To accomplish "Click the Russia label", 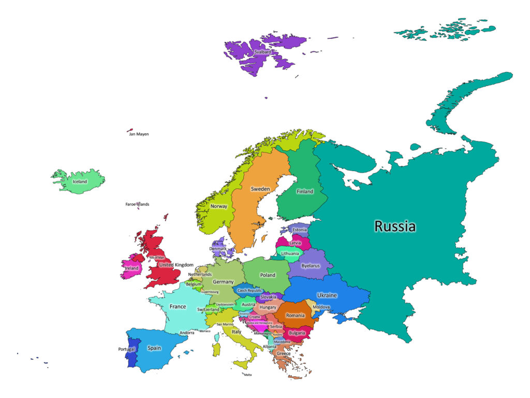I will (395, 226).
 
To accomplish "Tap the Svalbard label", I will (262, 52).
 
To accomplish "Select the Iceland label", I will (80, 182).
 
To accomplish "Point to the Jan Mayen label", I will (139, 134).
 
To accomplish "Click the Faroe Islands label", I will (137, 204).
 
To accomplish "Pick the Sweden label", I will (260, 189).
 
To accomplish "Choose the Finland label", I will (305, 191).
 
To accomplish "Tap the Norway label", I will (219, 206).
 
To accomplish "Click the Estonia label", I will (300, 230).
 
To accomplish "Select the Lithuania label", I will (290, 253).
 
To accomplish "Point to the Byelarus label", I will (311, 265).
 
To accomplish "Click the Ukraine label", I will (327, 295).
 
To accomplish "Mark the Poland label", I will (268, 275).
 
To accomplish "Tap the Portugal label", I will (126, 349).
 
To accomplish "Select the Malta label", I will (248, 375).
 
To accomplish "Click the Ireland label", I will (131, 268).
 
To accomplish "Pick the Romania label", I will (295, 315).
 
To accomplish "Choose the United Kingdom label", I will (176, 265).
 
